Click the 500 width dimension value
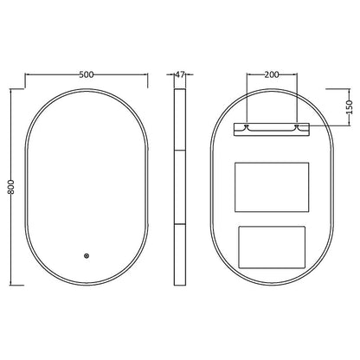87,75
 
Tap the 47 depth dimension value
181,75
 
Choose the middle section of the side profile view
181,186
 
